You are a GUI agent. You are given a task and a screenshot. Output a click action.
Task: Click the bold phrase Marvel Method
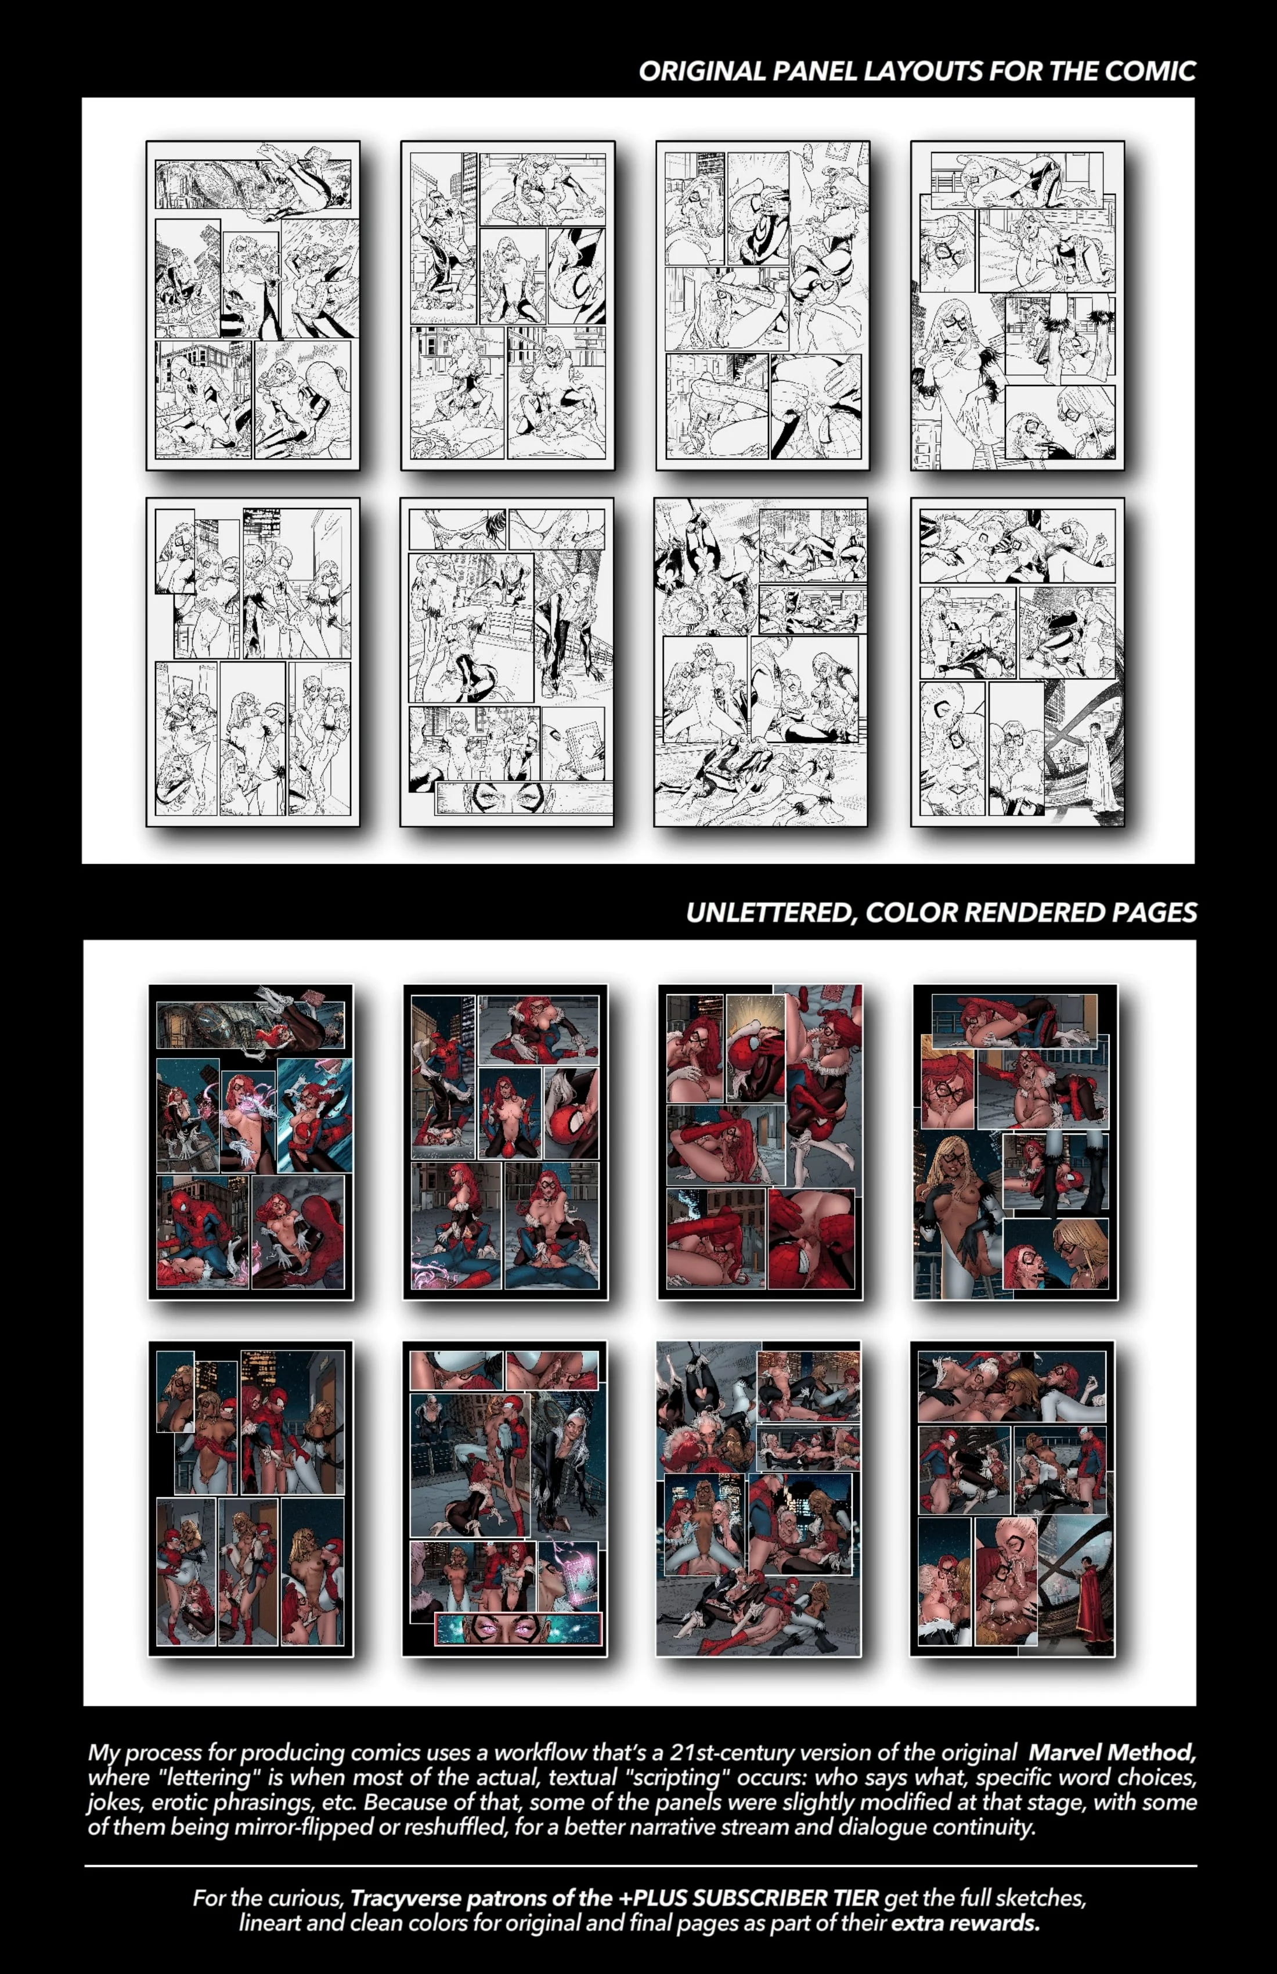pyautogui.click(x=1111, y=1753)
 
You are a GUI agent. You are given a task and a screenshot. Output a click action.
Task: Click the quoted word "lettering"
pyautogui.click(x=203, y=1777)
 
